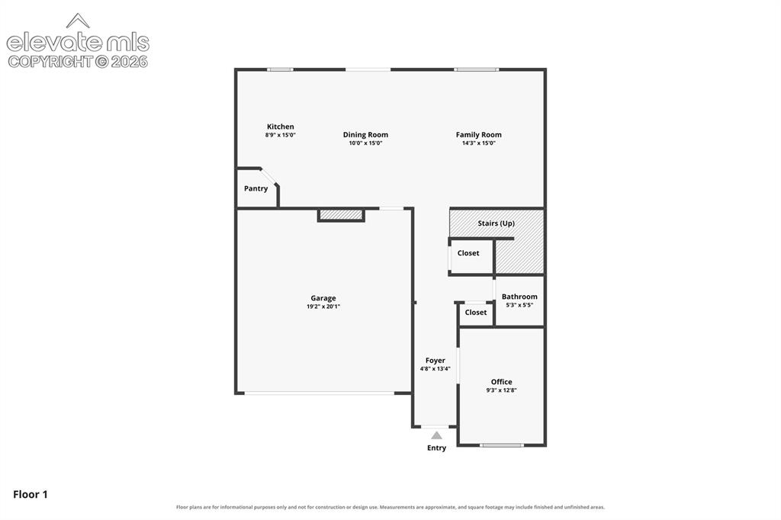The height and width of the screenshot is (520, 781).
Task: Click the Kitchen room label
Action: coord(281,127)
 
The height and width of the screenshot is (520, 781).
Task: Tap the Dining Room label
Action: coord(365,134)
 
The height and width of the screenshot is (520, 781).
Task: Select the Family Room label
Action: coord(479,134)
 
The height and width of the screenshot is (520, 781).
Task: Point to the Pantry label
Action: coord(256,188)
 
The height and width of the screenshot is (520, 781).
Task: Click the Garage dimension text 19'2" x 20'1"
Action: coord(323,307)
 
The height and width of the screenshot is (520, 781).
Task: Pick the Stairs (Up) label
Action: coord(496,223)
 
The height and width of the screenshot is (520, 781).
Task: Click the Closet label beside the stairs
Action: coord(468,253)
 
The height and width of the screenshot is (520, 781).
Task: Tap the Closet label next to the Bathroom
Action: coord(476,313)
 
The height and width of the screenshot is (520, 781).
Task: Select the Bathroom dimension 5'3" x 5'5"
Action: coord(519,305)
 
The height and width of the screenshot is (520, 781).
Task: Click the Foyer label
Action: coord(435,360)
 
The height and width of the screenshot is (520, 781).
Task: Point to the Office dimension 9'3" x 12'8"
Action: coord(502,390)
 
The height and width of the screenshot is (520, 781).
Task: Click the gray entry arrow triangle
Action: coord(436,435)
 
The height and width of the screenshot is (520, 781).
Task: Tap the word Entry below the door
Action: coord(436,448)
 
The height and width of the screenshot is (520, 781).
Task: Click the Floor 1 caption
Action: coord(31,494)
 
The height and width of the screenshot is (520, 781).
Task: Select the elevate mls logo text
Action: coord(78,43)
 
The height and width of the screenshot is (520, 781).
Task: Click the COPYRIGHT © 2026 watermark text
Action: coord(78,62)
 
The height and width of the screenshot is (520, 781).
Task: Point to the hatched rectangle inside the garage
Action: coord(341,215)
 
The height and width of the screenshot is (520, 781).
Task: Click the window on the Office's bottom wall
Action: coord(502,445)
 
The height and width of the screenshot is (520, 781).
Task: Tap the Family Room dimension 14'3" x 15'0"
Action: coord(479,143)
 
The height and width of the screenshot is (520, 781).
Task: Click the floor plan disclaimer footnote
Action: coord(390,507)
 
